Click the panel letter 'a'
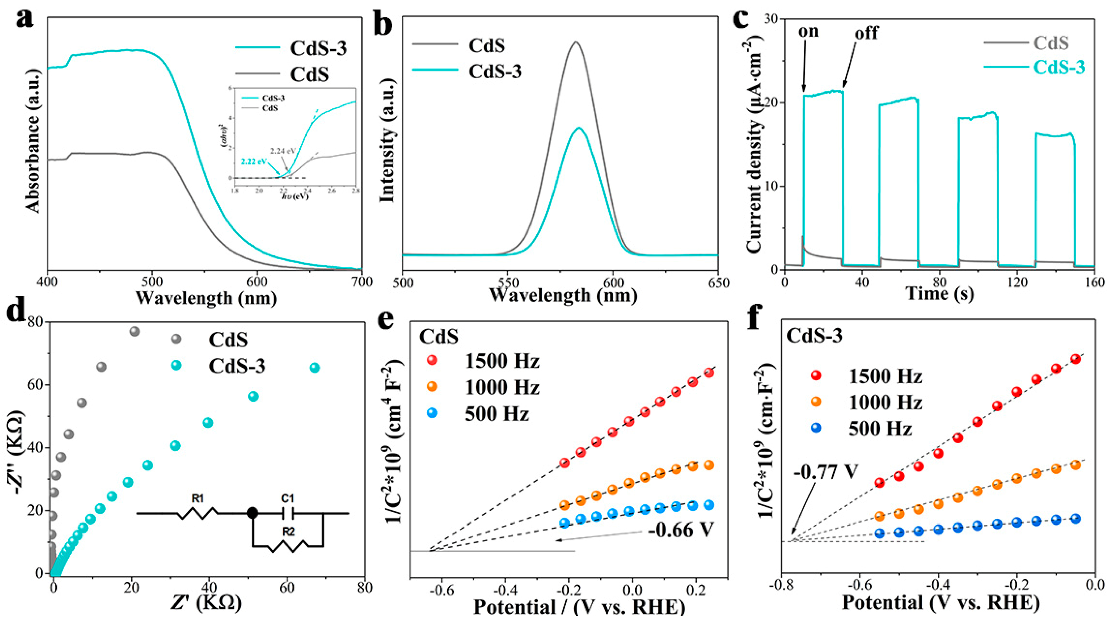pyautogui.click(x=24, y=20)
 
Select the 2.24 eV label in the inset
pyautogui.click(x=283, y=151)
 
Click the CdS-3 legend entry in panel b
pyautogui.click(x=495, y=71)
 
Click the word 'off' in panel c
pyautogui.click(x=866, y=33)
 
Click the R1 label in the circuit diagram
pyautogui.click(x=198, y=499)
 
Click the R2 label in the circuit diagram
pyautogui.click(x=288, y=532)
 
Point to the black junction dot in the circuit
pyautogui.click(x=253, y=513)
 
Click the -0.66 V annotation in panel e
pyautogui.click(x=681, y=530)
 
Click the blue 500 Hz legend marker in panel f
pyautogui.click(x=816, y=428)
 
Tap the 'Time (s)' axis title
pyautogui.click(x=939, y=294)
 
